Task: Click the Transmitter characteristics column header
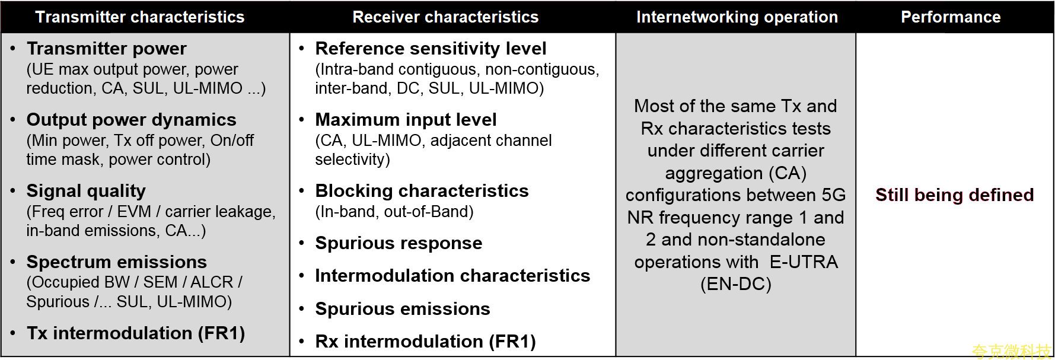[140, 17]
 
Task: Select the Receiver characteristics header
[445, 17]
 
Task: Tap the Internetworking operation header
[737, 17]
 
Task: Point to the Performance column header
[951, 17]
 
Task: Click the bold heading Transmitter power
[107, 49]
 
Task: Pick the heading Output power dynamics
[132, 120]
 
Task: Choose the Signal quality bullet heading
[86, 191]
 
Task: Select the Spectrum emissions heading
[117, 262]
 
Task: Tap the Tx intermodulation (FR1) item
[136, 333]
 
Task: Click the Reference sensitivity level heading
[431, 49]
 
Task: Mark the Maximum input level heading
[406, 120]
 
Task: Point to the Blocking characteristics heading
[422, 191]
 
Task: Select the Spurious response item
[399, 243]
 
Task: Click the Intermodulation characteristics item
[452, 276]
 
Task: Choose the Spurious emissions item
[403, 309]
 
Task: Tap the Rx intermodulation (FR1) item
[425, 342]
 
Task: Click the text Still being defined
[955, 195]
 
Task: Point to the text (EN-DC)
[736, 284]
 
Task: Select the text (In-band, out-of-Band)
[394, 212]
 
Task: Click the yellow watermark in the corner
[1011, 352]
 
